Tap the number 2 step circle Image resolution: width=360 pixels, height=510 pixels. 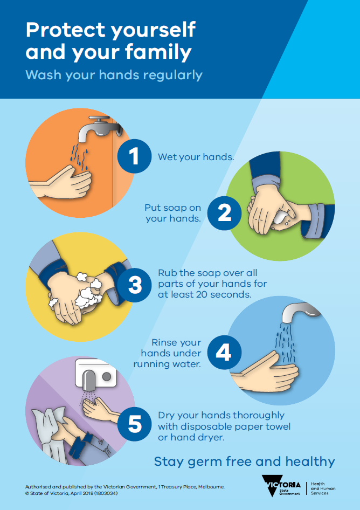[x=224, y=213]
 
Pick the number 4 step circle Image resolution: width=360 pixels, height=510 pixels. [x=223, y=353]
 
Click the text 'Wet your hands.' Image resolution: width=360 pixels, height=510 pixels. [x=196, y=157]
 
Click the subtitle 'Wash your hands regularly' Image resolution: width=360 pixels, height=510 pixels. [x=114, y=75]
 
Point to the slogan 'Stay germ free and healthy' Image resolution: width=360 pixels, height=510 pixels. [x=244, y=461]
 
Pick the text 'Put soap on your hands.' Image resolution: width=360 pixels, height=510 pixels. [x=172, y=213]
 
